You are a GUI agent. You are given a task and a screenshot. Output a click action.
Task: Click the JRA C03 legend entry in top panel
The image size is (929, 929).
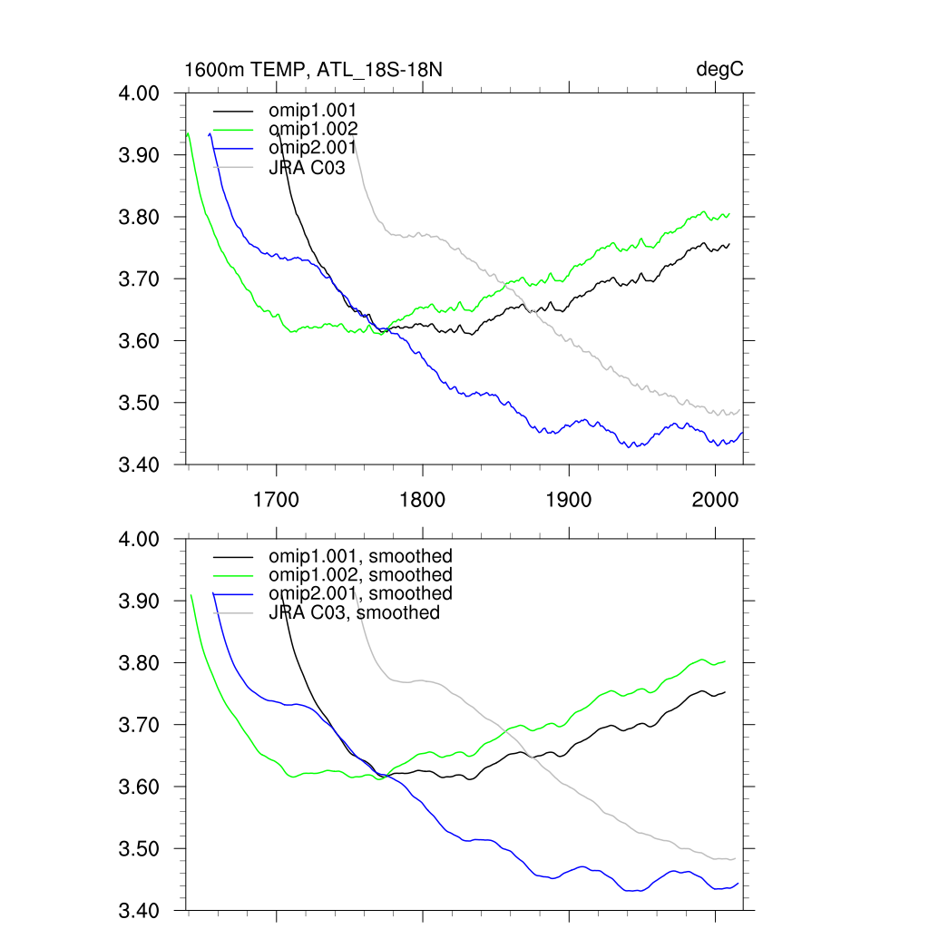308,167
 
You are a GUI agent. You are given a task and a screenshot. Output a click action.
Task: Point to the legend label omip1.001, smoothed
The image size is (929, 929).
360,555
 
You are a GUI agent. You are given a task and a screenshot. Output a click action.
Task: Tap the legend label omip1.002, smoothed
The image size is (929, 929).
360,574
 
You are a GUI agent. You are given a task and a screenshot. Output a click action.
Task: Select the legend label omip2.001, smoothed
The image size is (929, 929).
360,593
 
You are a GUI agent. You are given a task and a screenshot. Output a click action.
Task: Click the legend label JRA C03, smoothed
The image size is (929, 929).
355,612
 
